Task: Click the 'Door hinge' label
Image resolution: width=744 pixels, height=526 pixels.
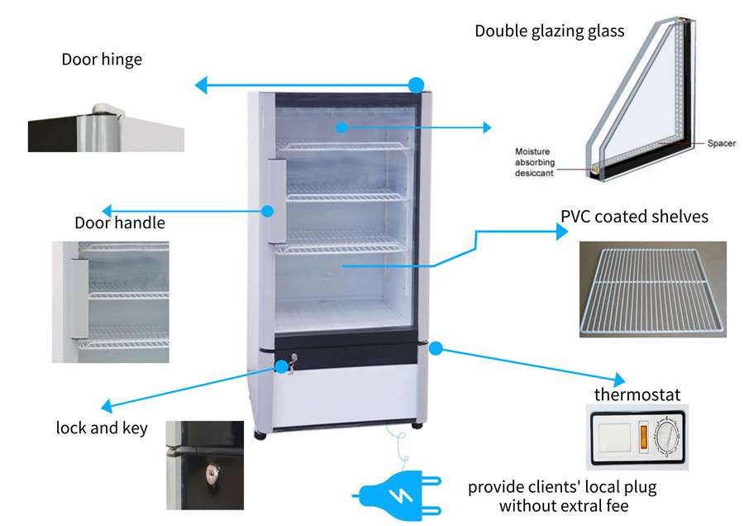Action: point(102,60)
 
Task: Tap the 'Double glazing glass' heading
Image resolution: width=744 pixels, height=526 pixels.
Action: point(549,31)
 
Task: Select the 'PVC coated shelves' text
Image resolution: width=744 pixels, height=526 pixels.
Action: point(634,217)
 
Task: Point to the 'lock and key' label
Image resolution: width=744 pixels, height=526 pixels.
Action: point(102,428)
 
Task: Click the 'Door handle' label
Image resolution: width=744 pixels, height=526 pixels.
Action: point(120,222)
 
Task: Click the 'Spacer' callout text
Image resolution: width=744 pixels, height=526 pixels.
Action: point(721,143)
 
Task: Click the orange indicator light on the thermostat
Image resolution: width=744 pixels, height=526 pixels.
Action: point(645,434)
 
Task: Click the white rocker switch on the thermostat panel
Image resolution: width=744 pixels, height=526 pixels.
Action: point(613,435)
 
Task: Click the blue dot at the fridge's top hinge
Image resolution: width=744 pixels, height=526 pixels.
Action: point(417,84)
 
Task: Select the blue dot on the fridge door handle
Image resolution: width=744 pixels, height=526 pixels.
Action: point(268,211)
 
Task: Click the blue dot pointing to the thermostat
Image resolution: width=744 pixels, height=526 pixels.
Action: point(436,347)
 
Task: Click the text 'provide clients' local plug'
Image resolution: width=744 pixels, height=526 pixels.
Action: point(562,486)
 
